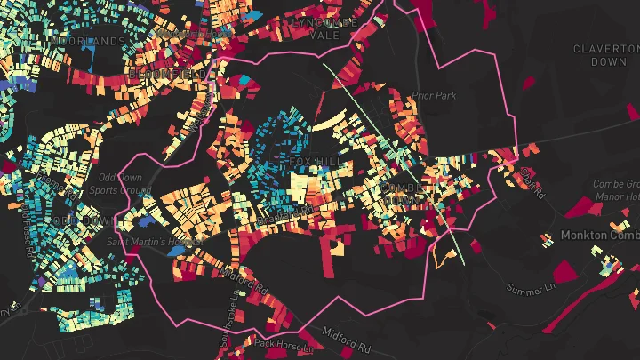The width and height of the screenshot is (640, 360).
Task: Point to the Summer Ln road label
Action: (529, 289)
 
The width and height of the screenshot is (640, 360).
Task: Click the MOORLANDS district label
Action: (88, 42)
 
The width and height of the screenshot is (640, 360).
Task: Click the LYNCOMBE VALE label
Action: (325, 29)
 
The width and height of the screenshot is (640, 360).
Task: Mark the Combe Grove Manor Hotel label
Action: (616, 189)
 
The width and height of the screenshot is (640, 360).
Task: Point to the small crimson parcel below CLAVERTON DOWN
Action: (529, 83)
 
